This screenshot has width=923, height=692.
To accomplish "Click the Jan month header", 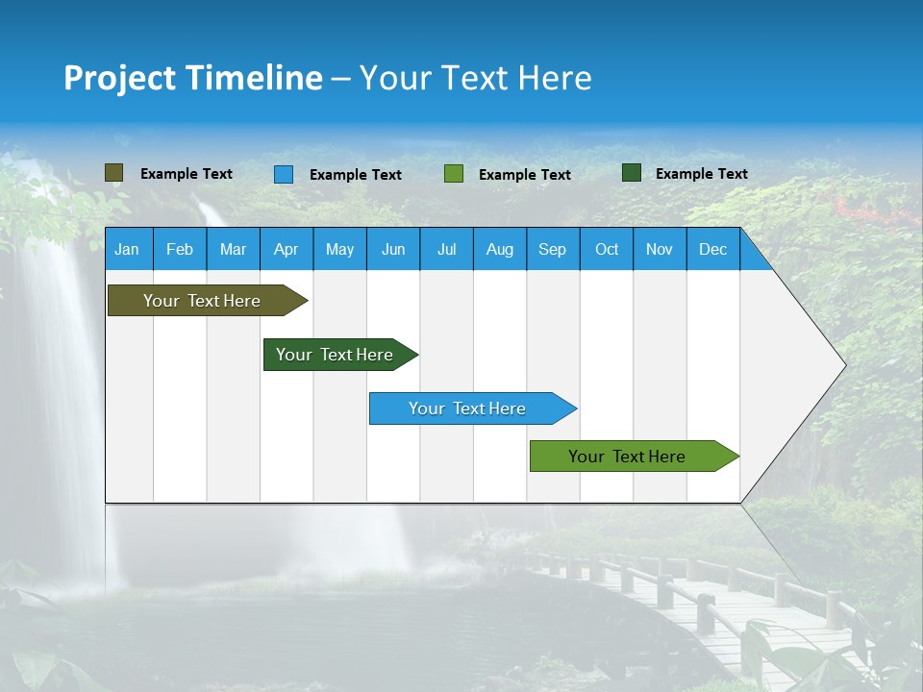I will click(x=127, y=249).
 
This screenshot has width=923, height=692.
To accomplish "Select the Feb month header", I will click(x=180, y=249).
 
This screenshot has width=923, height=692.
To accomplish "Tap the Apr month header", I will click(x=286, y=249).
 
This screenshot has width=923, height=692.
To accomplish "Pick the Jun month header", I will click(x=393, y=249).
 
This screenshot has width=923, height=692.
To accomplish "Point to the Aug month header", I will click(x=499, y=249).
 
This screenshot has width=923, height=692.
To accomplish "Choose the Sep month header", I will click(x=552, y=249).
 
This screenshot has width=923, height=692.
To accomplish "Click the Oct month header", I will click(x=607, y=249).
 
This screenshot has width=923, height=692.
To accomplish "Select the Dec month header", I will click(x=712, y=249).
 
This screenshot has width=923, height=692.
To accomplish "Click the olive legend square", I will click(x=114, y=173).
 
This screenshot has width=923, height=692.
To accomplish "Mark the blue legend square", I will click(x=284, y=174).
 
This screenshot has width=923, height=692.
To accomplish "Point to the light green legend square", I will click(x=454, y=174).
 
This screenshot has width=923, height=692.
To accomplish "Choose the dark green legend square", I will click(x=632, y=173).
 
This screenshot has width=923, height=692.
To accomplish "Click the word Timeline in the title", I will click(x=253, y=78).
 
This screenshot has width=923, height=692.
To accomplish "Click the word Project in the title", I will click(x=121, y=78).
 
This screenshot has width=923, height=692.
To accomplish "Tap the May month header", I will click(x=339, y=249).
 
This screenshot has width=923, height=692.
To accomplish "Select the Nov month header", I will click(x=660, y=249).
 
